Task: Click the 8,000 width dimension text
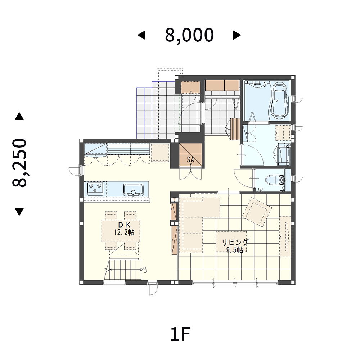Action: click(189, 35)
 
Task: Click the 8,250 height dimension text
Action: click(20, 163)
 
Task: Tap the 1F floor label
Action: click(180, 334)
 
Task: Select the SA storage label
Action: click(190, 159)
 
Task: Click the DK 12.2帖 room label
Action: click(124, 229)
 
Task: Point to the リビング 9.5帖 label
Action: click(235, 246)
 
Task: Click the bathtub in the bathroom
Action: click(279, 101)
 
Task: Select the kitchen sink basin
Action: click(133, 190)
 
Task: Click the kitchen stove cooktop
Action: click(95, 189)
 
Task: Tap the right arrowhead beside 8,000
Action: click(237, 35)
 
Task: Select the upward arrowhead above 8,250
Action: click(19, 116)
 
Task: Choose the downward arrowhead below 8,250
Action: click(19, 212)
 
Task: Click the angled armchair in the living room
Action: click(257, 212)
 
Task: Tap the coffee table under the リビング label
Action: click(231, 242)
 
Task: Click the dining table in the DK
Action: click(121, 230)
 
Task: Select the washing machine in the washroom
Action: click(284, 154)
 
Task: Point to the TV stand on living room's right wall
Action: click(285, 237)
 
